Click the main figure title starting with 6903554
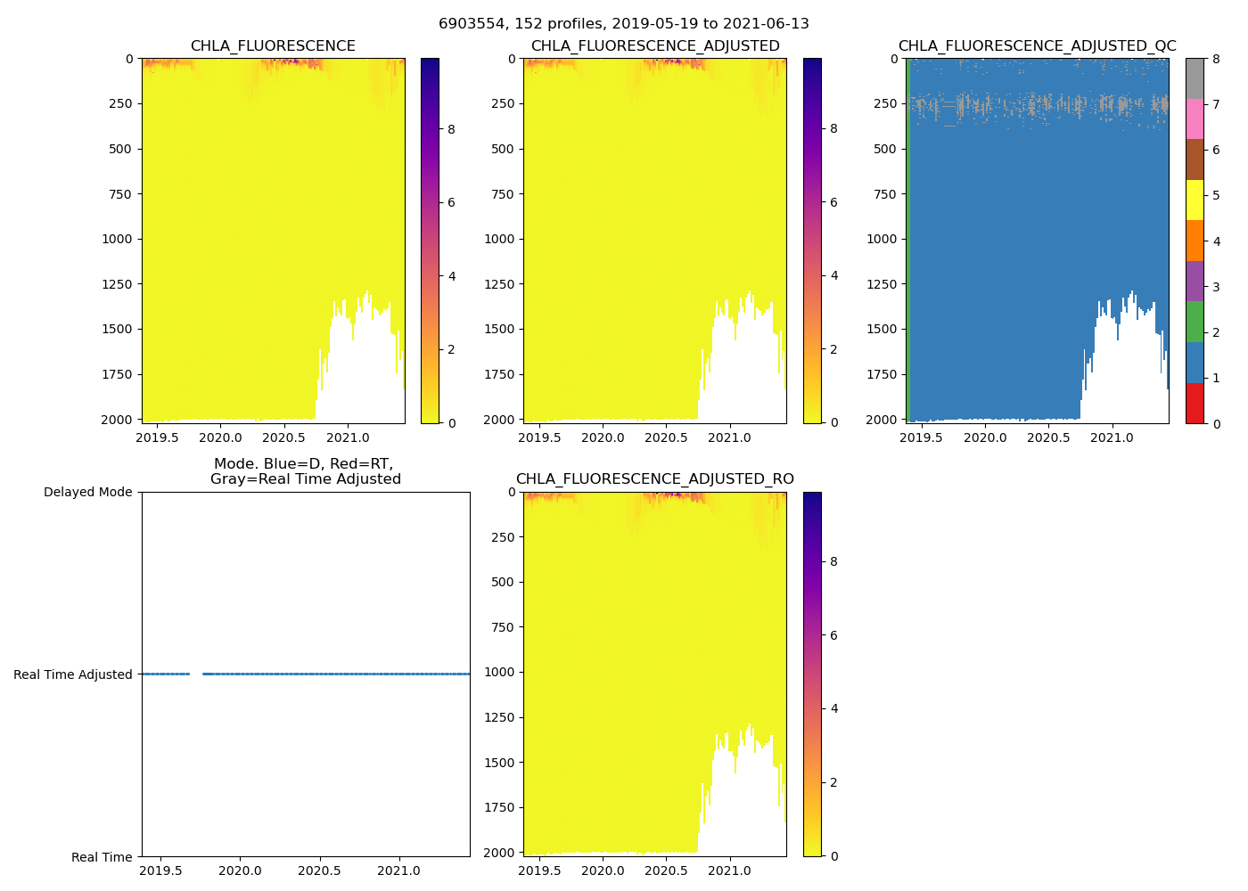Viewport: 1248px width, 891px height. click(623, 24)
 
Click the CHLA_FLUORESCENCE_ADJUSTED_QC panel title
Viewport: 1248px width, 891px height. click(1037, 46)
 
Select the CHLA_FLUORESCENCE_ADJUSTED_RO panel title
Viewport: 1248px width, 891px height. click(654, 479)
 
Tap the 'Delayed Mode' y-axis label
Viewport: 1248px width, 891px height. click(87, 492)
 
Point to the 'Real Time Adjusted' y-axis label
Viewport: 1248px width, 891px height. click(72, 674)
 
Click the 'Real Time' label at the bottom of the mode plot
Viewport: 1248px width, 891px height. click(102, 857)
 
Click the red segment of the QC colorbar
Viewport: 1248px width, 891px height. click(1195, 403)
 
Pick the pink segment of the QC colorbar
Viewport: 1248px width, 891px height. click(1195, 119)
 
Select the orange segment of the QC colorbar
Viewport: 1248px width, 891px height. click(1195, 241)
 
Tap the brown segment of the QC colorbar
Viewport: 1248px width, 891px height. click(1195, 159)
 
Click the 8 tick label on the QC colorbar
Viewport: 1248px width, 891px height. click(1216, 59)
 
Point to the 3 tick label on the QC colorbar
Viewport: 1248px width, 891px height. click(1216, 287)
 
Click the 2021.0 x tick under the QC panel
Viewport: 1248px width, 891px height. click(1112, 437)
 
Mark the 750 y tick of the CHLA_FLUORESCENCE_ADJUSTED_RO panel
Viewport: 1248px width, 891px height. click(502, 627)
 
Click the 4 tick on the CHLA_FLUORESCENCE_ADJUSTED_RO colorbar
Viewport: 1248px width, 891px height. click(834, 708)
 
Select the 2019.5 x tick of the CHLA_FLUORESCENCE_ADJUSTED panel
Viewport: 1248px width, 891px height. click(539, 437)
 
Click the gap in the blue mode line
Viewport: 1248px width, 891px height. click(196, 674)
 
